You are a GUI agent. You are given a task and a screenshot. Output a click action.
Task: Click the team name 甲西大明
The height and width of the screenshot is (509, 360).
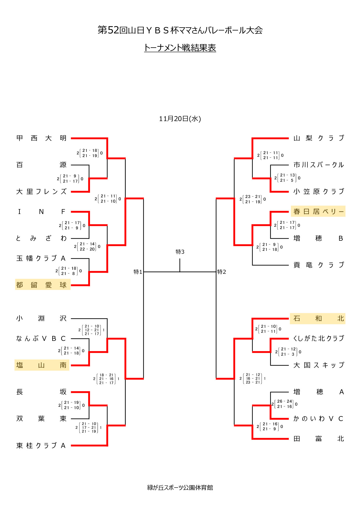coord(41,138)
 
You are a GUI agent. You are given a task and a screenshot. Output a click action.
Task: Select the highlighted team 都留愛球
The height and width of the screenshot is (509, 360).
coord(42,285)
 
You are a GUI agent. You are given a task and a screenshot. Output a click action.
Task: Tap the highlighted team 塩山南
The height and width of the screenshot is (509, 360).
coord(42,365)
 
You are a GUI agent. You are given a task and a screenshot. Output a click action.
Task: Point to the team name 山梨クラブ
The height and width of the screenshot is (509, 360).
coord(318,138)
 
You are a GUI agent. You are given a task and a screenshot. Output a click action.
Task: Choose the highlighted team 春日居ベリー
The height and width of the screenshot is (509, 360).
coord(318,211)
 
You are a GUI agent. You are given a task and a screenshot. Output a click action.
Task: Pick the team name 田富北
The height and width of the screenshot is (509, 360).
coord(318,439)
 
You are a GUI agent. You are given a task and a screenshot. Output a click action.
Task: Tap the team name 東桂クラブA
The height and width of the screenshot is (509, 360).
coord(41,445)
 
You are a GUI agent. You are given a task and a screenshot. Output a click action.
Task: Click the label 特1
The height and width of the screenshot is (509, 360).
coord(138,272)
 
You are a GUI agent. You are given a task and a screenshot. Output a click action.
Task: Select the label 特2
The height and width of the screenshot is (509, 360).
coord(222,272)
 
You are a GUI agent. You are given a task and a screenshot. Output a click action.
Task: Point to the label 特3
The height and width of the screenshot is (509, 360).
coord(180,252)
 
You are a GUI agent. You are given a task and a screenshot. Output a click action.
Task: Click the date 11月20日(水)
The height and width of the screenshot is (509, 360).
coord(180,119)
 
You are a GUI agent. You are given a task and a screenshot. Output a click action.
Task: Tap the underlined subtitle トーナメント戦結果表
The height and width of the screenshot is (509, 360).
coord(180,48)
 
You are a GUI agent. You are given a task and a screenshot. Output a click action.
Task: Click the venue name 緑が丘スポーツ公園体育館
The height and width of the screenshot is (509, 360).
coord(180,488)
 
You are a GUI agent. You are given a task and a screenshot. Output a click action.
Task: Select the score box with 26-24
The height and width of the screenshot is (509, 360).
coord(285,404)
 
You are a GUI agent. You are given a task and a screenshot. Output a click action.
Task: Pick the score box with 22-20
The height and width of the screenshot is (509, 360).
coord(87,247)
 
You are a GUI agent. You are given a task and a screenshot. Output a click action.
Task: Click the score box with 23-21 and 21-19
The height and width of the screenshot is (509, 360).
coord(253,199)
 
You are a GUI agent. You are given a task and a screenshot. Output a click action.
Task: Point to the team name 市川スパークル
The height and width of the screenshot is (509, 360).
coord(318,165)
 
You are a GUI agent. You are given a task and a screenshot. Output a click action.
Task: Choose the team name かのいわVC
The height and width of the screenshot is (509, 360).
coord(318,419)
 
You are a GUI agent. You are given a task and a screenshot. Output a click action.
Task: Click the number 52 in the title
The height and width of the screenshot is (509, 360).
coord(113,30)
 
